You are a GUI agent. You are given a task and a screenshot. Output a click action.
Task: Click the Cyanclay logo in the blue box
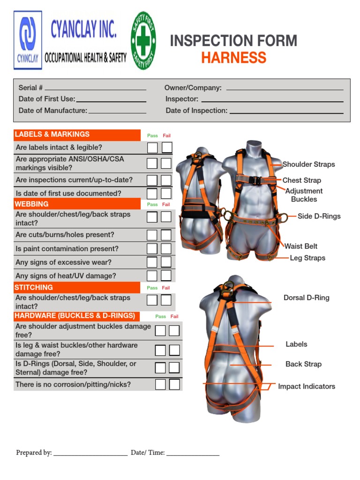(28, 40)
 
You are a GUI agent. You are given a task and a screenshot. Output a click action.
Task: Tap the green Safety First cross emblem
(143, 41)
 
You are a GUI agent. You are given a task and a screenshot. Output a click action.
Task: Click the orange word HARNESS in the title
(233, 58)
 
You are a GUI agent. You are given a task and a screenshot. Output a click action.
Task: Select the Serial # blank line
(95, 89)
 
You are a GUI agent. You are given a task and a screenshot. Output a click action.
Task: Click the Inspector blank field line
(272, 100)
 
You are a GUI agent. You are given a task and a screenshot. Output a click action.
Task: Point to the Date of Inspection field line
(286, 112)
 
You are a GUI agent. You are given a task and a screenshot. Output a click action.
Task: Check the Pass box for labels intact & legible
(152, 148)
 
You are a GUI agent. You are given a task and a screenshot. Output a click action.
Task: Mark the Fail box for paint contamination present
(166, 249)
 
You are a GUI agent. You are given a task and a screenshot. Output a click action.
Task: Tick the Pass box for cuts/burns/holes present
(152, 235)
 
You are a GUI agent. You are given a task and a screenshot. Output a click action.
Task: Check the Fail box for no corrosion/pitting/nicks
(174, 384)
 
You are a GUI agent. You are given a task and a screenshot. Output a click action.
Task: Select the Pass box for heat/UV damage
(152, 276)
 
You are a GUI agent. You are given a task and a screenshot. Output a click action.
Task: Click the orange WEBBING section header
(77, 204)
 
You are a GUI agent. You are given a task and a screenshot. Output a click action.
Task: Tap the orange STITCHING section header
(77, 287)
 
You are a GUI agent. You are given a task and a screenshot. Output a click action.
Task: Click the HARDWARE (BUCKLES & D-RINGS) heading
(75, 315)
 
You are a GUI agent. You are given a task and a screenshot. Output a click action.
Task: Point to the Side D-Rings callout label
(319, 216)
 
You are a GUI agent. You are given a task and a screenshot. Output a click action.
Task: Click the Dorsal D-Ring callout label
(306, 298)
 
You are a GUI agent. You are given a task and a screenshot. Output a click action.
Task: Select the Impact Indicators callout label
(307, 386)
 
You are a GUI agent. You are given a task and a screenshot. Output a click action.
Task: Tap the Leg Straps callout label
(307, 258)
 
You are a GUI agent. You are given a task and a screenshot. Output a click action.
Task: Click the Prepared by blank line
(90, 453)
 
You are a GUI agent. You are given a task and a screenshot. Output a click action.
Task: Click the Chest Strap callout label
(301, 180)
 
